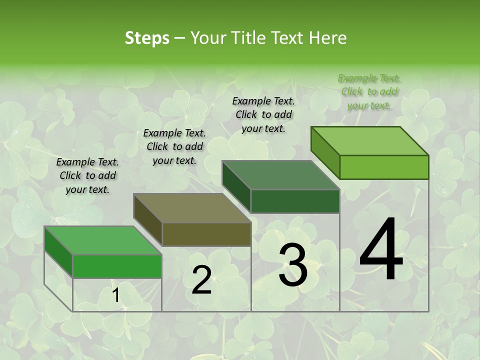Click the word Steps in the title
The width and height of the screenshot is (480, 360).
point(147,38)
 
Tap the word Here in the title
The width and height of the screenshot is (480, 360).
point(328,38)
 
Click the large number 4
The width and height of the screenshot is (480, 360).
point(381,250)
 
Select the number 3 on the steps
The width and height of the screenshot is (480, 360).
point(292,265)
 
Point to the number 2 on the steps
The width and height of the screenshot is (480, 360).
point(201,280)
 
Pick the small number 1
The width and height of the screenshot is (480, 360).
point(115,296)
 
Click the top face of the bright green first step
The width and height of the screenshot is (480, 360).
point(103,240)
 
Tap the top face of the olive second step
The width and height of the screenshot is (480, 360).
point(192,208)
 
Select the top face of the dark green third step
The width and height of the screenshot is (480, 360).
point(280,175)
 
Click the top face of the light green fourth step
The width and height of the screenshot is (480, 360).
point(369,141)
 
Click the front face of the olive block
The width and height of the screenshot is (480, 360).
point(206,234)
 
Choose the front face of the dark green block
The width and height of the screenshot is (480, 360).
point(295,201)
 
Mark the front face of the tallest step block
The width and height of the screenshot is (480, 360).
point(384,167)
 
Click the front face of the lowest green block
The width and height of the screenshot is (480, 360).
point(117,266)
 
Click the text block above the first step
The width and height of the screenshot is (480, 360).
point(87,176)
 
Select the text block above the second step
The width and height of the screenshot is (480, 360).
point(174,146)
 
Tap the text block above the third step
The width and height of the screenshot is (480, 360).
point(263,114)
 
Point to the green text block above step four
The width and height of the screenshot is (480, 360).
point(369,91)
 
